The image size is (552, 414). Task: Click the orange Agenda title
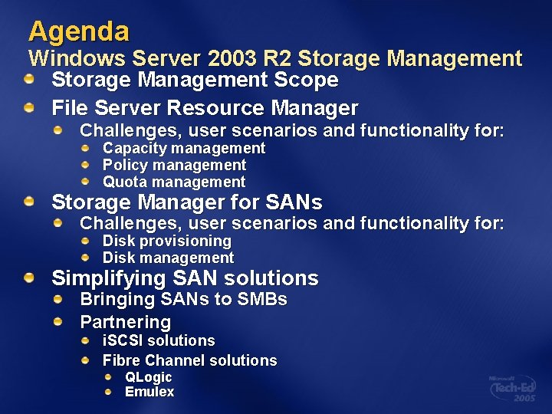click(79, 31)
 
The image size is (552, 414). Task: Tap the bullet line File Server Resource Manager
click(205, 107)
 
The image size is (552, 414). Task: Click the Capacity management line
click(184, 148)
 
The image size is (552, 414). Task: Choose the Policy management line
click(174, 165)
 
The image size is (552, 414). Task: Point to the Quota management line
click(174, 182)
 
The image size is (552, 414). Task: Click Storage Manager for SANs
click(186, 202)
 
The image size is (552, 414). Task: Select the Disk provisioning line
click(167, 241)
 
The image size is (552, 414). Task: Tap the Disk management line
click(168, 258)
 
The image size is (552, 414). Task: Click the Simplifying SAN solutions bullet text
click(185, 278)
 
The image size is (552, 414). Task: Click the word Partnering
click(125, 321)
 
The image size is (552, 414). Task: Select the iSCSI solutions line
click(159, 340)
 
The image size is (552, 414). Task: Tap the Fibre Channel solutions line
click(189, 360)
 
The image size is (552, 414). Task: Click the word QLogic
click(148, 377)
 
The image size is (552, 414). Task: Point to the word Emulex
click(149, 392)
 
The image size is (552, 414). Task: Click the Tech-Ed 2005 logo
click(514, 389)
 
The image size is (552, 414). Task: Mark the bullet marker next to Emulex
click(109, 392)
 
